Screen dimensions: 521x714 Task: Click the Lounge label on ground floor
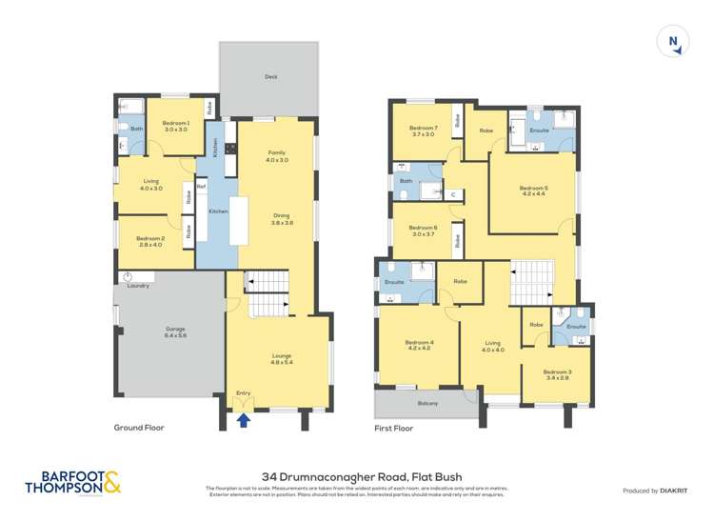click(280, 357)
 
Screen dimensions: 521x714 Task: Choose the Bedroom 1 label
click(175, 124)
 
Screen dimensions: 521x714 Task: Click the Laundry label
click(139, 285)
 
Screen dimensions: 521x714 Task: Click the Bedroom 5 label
click(533, 189)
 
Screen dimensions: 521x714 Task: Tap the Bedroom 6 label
click(423, 228)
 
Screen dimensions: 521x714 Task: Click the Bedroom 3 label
click(557, 372)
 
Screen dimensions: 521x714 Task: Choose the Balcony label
click(427, 403)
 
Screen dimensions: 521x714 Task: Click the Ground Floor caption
click(139, 429)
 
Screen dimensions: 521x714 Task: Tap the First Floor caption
click(394, 429)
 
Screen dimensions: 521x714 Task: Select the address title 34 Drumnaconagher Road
click(356, 473)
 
